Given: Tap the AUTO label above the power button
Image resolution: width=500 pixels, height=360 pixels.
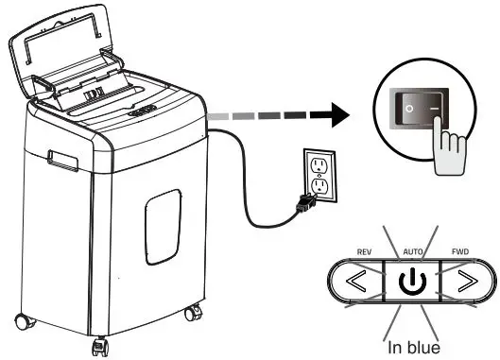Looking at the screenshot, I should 411,252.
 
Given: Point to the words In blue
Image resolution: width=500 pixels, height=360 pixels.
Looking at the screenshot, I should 411,347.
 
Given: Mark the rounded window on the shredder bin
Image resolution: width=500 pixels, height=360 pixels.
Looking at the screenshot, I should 164,223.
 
